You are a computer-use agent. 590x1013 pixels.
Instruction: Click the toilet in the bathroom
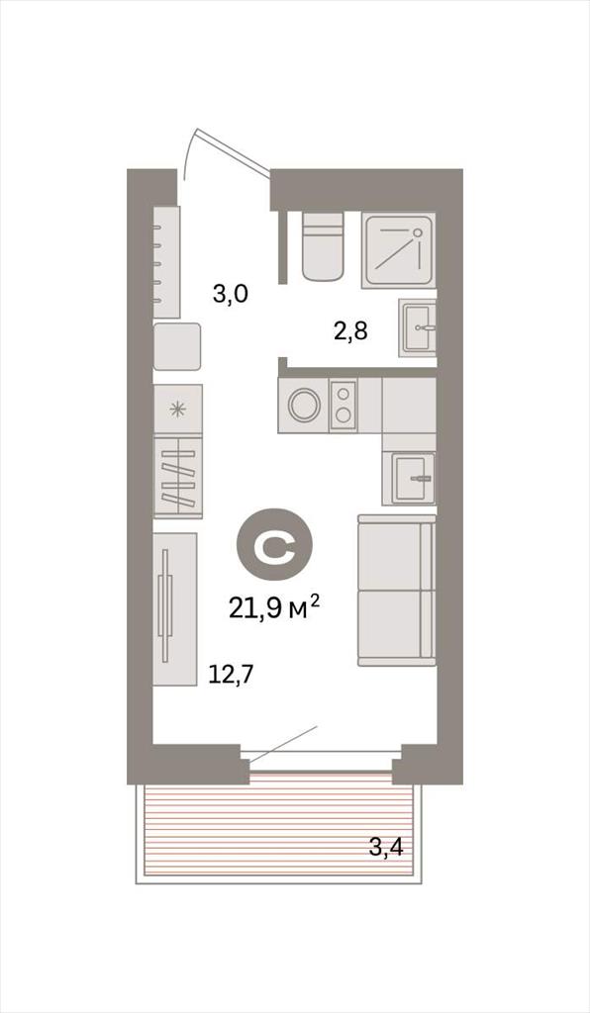pyautogui.click(x=322, y=246)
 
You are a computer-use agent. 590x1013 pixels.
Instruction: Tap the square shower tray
pyautogui.click(x=398, y=249)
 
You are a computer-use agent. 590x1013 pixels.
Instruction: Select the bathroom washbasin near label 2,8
pyautogui.click(x=418, y=326)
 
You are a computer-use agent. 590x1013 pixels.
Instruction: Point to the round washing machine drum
pyautogui.click(x=304, y=405)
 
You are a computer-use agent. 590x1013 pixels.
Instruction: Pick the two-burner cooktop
pyautogui.click(x=344, y=405)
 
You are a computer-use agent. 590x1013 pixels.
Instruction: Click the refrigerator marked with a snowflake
pyautogui.click(x=178, y=409)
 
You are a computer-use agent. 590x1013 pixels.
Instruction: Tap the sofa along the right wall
pyautogui.click(x=396, y=590)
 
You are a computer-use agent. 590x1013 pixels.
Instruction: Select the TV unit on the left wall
pyautogui.click(x=175, y=608)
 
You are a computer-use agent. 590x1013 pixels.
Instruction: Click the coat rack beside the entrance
pyautogui.click(x=166, y=261)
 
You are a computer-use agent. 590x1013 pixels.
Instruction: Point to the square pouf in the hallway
pyautogui.click(x=177, y=346)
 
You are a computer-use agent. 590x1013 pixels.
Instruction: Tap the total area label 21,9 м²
pyautogui.click(x=274, y=606)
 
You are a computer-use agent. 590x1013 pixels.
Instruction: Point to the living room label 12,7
pyautogui.click(x=230, y=675)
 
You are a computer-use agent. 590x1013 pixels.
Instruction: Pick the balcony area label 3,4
pyautogui.click(x=386, y=846)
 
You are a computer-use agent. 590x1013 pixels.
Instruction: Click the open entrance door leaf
pyautogui.click(x=233, y=152)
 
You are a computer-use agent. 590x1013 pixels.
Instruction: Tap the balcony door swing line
pyautogui.click(x=283, y=744)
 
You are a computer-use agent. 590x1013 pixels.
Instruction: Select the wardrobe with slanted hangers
pyautogui.click(x=178, y=477)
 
